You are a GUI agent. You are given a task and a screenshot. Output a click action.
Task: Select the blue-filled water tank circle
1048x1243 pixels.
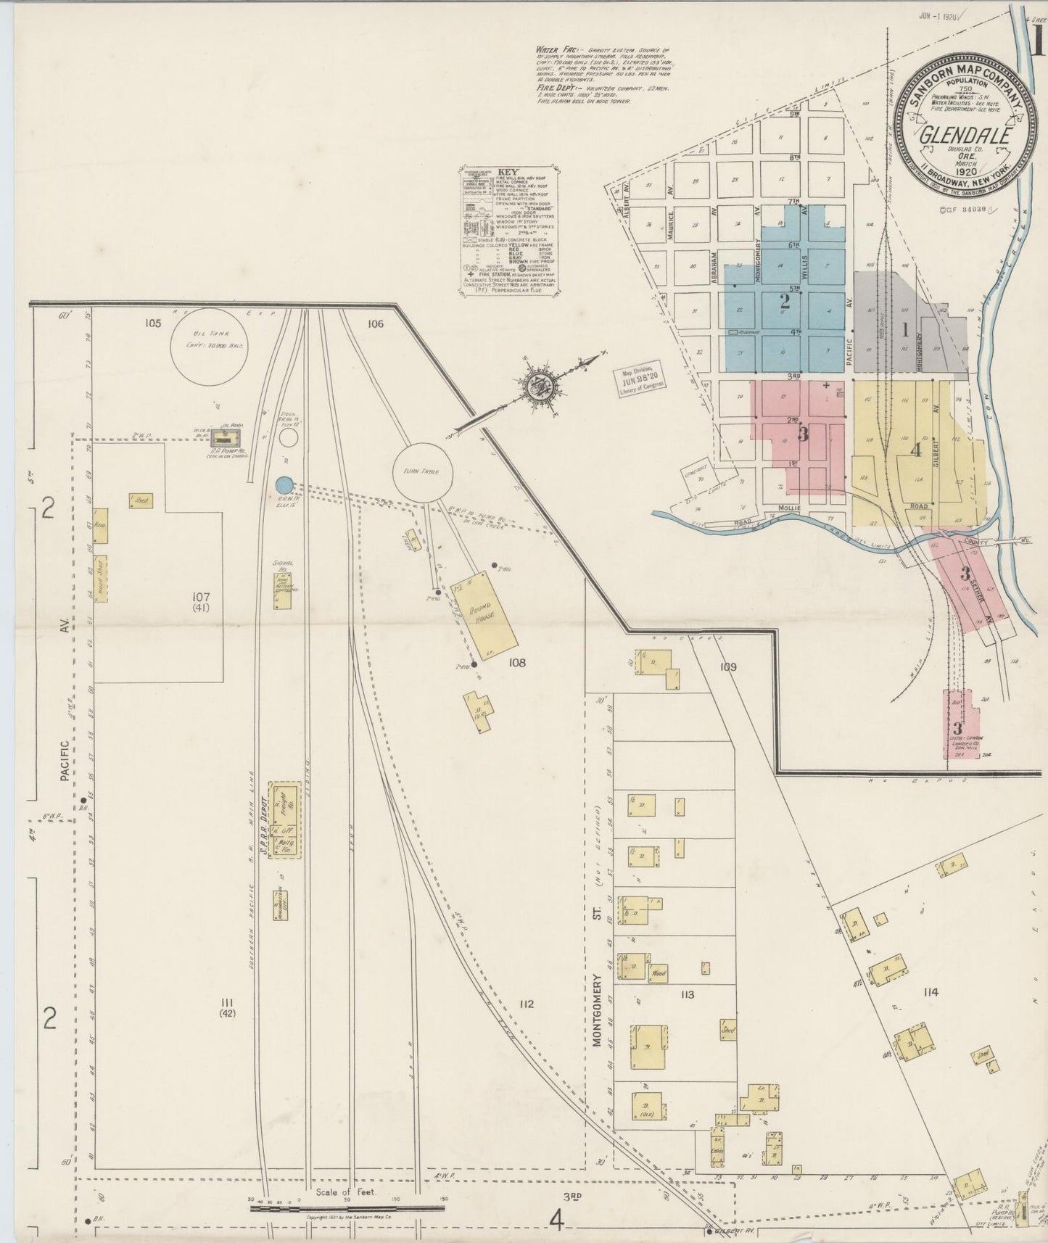pyautogui.click(x=285, y=483)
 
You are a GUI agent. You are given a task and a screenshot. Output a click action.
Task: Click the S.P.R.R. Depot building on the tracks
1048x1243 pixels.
pyautogui.click(x=284, y=820)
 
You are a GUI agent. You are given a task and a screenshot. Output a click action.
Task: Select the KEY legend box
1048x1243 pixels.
pyautogui.click(x=509, y=231)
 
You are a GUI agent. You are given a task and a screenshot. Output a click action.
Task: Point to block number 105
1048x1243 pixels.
pyautogui.click(x=152, y=323)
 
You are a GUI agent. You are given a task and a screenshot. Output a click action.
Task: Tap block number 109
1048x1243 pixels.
pyautogui.click(x=728, y=666)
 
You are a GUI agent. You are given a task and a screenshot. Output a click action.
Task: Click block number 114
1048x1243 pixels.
pyautogui.click(x=931, y=991)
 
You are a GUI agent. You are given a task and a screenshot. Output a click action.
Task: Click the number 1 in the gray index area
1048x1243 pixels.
pyautogui.click(x=904, y=330)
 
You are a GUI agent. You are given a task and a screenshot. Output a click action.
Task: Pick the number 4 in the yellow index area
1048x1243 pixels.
pyautogui.click(x=915, y=450)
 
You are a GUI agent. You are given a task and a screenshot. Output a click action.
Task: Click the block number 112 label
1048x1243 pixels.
pyautogui.click(x=526, y=1004)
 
